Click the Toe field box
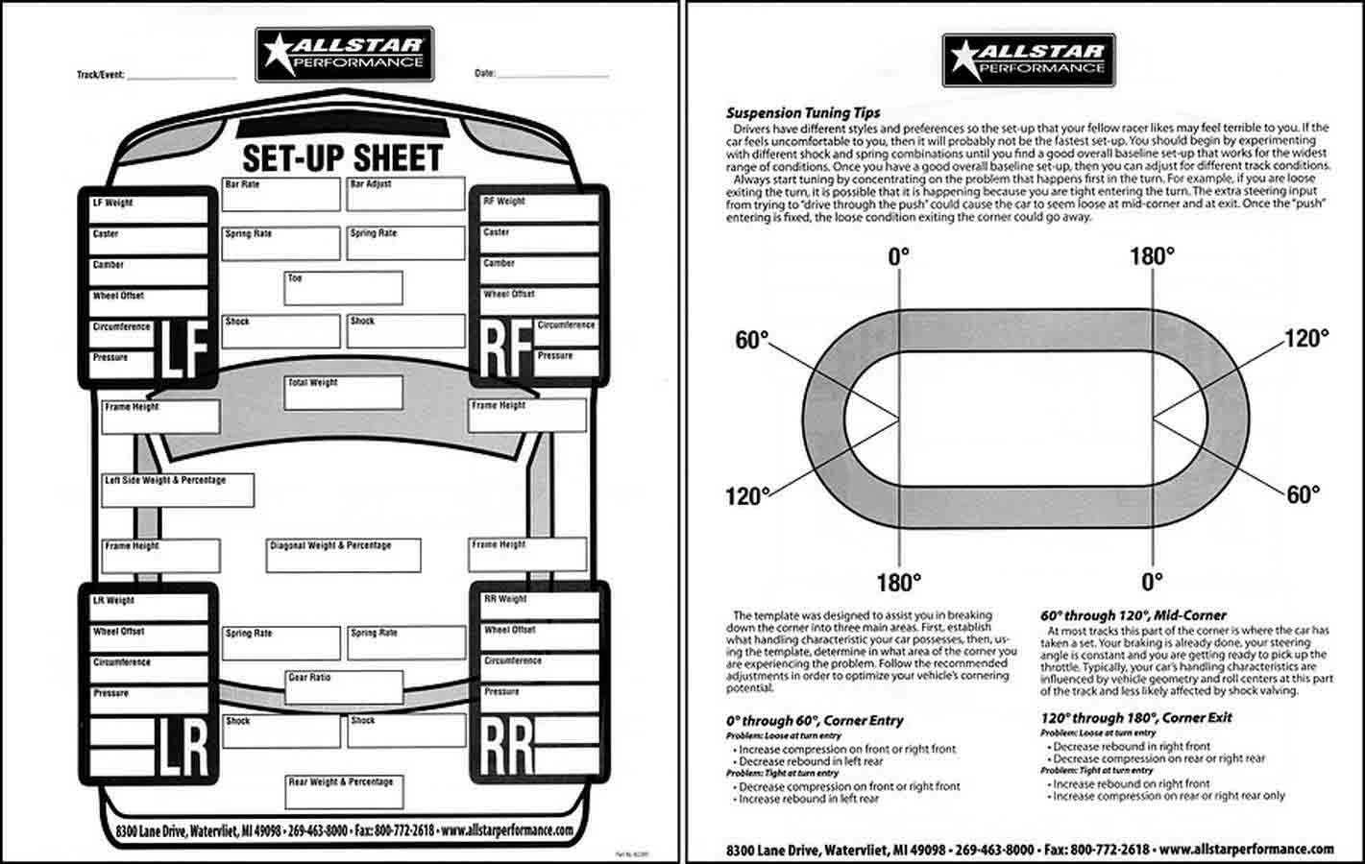click(343, 289)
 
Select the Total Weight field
click(344, 393)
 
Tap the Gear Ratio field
click(344, 687)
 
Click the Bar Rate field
click(280, 194)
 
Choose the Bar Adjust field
click(406, 194)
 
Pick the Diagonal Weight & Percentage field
click(343, 556)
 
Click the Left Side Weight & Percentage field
click(179, 490)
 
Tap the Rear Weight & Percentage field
click(344, 791)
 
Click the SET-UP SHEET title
click(342, 158)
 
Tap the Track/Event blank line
click(182, 75)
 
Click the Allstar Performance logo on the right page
click(1024, 59)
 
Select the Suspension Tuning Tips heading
click(803, 112)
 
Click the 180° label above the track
click(1152, 256)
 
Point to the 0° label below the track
click(1152, 582)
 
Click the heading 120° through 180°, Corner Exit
click(1135, 718)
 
